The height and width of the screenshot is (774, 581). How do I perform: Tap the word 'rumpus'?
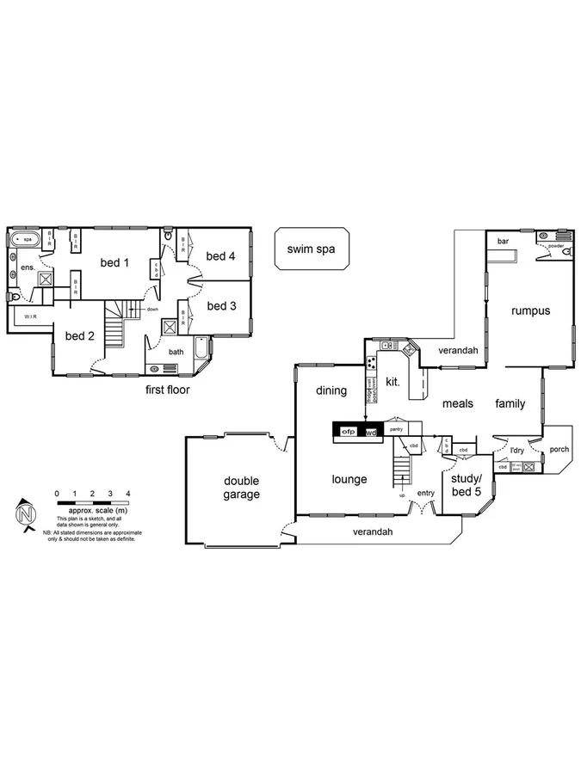[x=529, y=310]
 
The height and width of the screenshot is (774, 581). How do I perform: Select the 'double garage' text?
[x=242, y=488]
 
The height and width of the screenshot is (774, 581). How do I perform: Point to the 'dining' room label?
[x=331, y=390]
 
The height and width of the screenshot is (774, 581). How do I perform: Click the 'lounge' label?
[x=349, y=479]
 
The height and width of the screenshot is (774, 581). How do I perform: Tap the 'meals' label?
[x=458, y=403]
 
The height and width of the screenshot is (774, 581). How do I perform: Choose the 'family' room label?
[x=510, y=403]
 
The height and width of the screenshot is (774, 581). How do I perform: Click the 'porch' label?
[x=559, y=448]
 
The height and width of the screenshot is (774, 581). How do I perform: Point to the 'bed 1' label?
[x=114, y=262]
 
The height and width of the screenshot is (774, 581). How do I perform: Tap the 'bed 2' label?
[x=79, y=335]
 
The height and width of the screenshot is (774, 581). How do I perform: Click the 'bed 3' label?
[x=221, y=305]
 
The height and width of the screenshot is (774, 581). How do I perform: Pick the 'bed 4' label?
[x=221, y=255]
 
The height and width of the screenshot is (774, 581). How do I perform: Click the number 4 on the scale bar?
[x=127, y=493]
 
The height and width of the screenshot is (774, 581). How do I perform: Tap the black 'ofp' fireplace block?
[x=349, y=431]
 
